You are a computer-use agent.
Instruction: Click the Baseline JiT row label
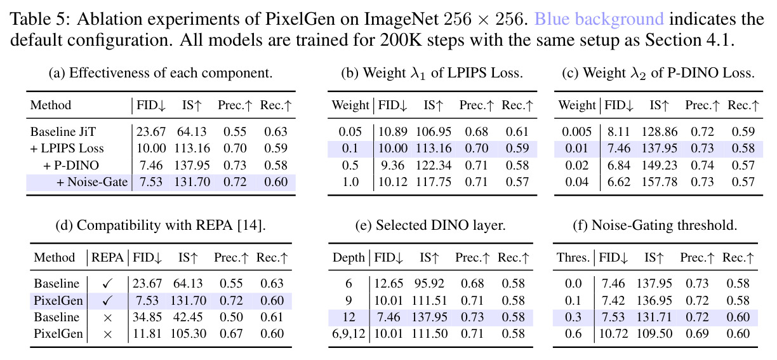[63, 132]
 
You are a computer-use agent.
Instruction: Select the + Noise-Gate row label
[92, 182]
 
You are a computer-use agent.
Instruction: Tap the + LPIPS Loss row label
[67, 149]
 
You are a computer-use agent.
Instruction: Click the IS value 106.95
[434, 132]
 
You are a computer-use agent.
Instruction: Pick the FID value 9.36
[392, 166]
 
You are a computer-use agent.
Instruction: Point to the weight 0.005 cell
[576, 132]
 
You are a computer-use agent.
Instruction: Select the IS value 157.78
[660, 182]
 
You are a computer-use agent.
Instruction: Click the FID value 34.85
[147, 317]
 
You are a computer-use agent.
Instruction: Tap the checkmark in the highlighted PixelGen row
[107, 300]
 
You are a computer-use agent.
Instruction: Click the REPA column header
[107, 258]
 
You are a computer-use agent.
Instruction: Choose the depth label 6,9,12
[349, 334]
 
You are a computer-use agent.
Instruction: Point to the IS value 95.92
[429, 284]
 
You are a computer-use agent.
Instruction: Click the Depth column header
[349, 258]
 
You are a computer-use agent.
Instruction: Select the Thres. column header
[573, 258]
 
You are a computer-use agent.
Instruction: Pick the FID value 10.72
[613, 334]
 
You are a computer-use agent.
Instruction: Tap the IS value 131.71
[654, 317]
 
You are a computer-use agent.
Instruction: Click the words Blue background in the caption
[599, 19]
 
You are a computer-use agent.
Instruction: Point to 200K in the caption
[401, 40]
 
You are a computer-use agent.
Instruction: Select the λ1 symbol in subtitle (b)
[418, 74]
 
